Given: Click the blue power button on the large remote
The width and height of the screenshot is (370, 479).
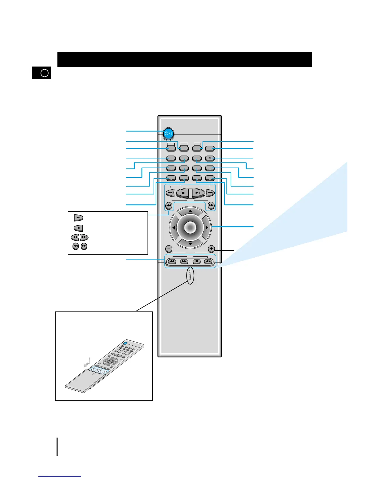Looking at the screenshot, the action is point(169,133).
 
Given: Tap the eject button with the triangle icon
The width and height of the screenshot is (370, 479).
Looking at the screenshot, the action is point(210,158).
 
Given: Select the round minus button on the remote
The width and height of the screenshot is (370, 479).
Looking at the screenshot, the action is point(169,249).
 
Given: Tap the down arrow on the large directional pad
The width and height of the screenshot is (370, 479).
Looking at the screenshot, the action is point(190,243).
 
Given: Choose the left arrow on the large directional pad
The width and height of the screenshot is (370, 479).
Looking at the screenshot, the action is point(174,227).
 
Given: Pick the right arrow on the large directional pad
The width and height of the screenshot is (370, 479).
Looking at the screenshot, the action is point(207,227).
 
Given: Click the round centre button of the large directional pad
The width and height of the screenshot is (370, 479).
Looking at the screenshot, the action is point(190,227).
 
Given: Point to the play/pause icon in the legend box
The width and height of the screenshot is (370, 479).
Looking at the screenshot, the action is point(79,218).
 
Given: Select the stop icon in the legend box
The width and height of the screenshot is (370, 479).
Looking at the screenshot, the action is point(79,228).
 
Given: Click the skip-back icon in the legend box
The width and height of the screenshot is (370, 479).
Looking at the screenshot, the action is point(75,237).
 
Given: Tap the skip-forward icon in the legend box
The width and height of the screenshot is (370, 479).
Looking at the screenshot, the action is point(84,237).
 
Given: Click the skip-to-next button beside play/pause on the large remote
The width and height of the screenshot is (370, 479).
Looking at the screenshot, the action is point(210,193).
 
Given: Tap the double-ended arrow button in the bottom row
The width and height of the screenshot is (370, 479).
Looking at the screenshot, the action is point(208,262).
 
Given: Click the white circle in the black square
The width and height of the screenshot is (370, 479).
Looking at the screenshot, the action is point(44,73).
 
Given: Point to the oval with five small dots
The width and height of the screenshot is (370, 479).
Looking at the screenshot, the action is point(190,275).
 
